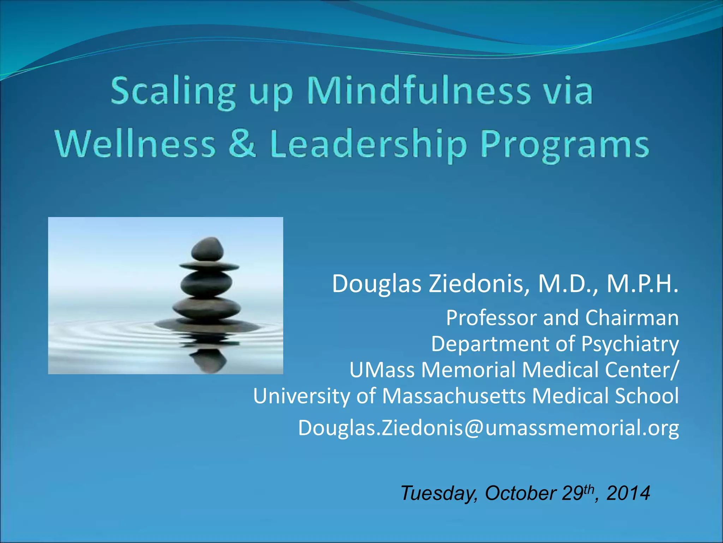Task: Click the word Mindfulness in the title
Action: (419, 91)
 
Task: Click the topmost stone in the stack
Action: (207, 249)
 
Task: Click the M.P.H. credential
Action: (643, 284)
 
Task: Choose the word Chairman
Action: (632, 317)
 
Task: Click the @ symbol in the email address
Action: (474, 428)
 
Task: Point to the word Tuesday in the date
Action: (439, 493)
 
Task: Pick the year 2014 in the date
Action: (628, 493)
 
